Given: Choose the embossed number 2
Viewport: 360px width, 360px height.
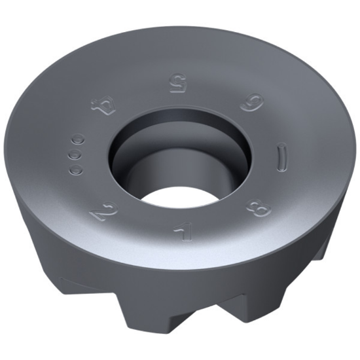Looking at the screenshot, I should pos(102,213).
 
